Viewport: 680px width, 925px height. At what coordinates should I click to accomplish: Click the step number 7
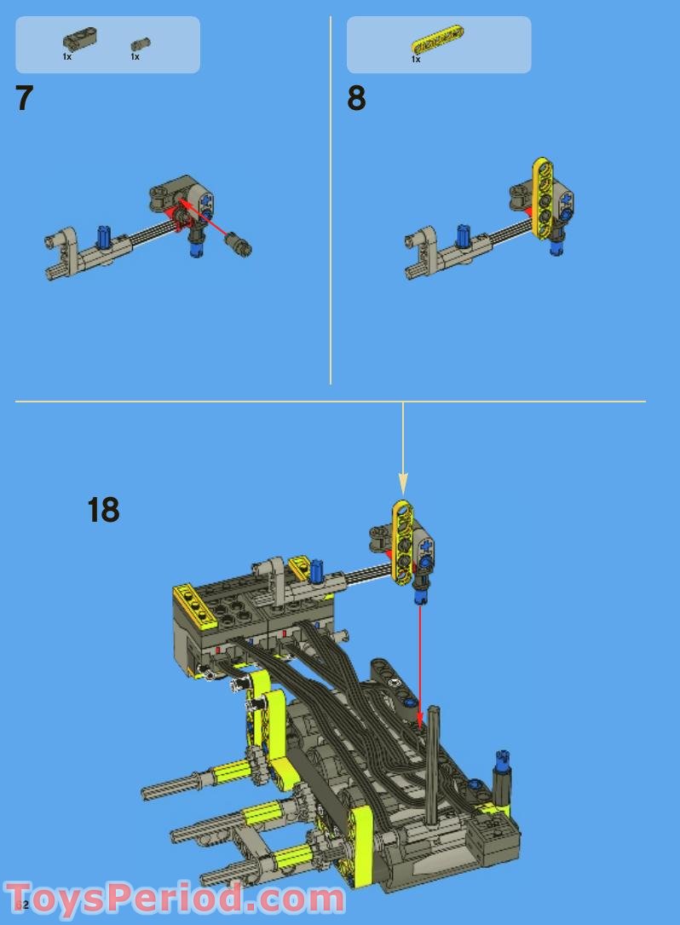[24, 99]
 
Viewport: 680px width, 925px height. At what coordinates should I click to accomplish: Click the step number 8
[356, 99]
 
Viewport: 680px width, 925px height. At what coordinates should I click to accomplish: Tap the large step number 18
[103, 511]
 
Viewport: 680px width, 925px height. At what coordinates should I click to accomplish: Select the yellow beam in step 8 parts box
[438, 38]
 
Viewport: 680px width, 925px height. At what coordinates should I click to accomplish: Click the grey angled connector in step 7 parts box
[79, 38]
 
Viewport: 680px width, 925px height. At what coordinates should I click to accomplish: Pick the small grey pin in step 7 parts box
[140, 43]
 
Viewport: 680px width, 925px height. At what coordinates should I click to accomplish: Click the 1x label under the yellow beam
[416, 60]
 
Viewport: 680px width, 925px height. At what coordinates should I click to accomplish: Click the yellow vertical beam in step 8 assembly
[540, 197]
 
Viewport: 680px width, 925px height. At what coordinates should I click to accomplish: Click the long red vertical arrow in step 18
[418, 656]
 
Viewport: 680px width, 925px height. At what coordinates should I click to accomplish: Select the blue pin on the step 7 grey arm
[105, 236]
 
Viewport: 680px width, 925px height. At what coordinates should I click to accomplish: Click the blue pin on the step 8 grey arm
[464, 236]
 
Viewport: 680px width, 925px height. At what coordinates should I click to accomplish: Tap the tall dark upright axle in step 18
[432, 763]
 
